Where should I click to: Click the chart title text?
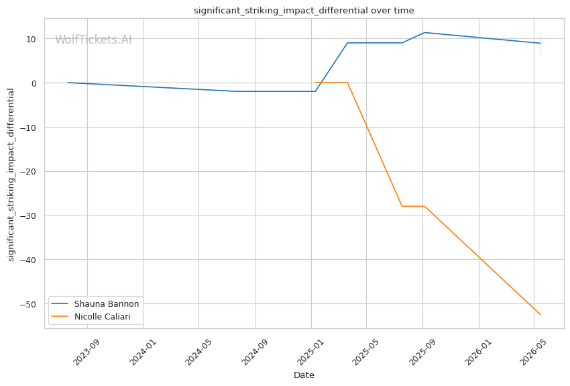click(x=304, y=11)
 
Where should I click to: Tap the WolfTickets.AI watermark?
click(x=93, y=40)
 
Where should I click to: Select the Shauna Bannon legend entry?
click(x=95, y=304)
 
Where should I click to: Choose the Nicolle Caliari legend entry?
click(x=91, y=316)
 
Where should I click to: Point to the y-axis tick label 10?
click(x=31, y=40)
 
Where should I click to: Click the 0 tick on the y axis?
click(x=34, y=83)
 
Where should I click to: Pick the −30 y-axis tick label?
click(x=28, y=215)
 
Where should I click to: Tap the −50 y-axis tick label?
click(x=28, y=304)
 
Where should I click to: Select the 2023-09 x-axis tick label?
click(x=86, y=352)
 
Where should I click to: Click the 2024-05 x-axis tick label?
click(x=198, y=352)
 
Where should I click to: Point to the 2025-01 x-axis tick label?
click(x=310, y=352)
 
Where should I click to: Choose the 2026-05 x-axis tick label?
click(x=533, y=352)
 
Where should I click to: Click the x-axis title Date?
click(x=304, y=375)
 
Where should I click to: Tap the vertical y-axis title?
click(x=11, y=175)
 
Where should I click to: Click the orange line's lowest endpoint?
click(x=540, y=314)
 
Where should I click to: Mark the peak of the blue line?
click(x=424, y=33)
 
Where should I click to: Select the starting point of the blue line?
click(x=68, y=83)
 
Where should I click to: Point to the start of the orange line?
click(x=315, y=83)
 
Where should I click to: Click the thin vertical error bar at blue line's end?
click(x=540, y=43)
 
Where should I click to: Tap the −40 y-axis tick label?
click(x=28, y=260)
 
